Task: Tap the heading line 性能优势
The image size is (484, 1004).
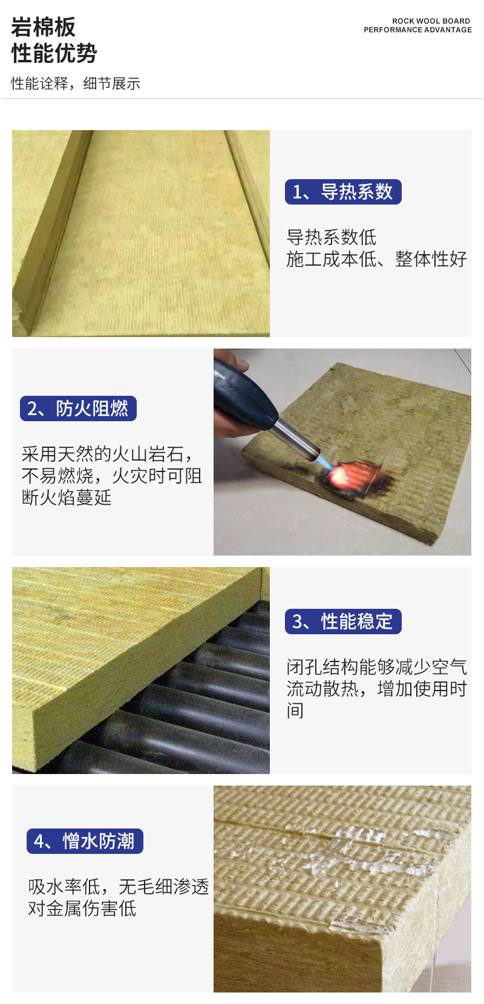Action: (54, 53)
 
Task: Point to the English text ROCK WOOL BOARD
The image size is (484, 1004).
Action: (431, 21)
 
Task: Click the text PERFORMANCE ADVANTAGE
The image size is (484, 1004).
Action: (417, 30)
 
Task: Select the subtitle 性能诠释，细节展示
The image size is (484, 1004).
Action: (76, 84)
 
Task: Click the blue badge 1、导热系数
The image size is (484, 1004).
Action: (343, 192)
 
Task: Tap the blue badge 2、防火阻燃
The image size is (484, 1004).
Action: (78, 408)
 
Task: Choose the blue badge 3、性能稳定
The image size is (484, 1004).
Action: (343, 622)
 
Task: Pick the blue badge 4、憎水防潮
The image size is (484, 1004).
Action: (85, 841)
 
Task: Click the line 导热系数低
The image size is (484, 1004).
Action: (332, 237)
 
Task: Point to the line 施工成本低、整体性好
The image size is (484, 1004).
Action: (377, 259)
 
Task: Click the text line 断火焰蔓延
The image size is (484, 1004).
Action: (67, 497)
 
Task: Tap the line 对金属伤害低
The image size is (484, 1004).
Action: (82, 908)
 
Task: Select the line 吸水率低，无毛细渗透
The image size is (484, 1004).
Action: (119, 887)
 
